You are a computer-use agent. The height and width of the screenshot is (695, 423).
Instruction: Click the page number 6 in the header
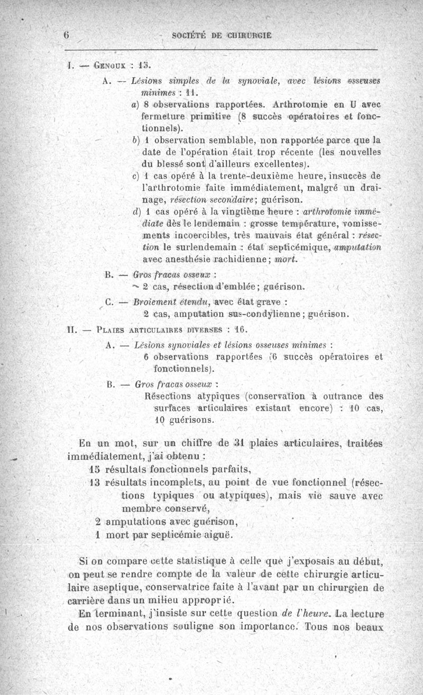pyautogui.click(x=67, y=35)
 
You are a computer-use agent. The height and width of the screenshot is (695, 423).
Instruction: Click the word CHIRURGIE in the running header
pyautogui.click(x=251, y=36)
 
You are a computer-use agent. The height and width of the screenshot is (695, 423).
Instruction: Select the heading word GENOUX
pyautogui.click(x=109, y=67)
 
